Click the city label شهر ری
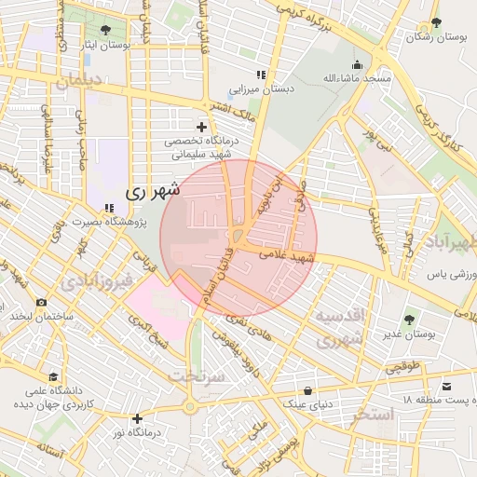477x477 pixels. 150,191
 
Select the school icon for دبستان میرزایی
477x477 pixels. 261,75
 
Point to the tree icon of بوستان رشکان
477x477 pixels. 434,22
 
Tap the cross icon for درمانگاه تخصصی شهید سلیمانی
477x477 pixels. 201,127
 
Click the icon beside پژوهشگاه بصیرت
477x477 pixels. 109,210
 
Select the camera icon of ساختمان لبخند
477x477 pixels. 41,302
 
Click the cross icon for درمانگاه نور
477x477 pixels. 138,419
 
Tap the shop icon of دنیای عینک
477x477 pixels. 307,389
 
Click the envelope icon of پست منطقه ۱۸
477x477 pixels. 446,386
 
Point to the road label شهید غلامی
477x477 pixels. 291,255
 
